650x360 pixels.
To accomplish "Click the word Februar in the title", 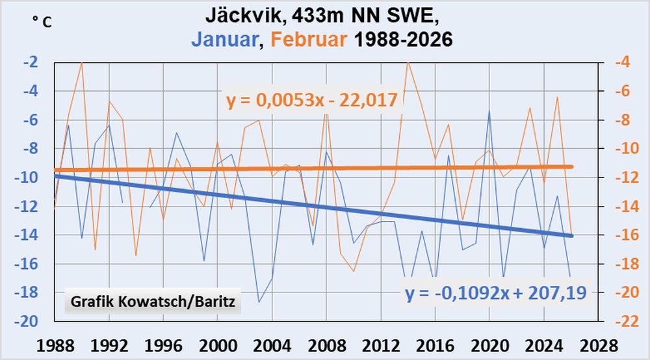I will [309, 40].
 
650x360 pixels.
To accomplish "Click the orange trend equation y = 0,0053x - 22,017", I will [312, 101].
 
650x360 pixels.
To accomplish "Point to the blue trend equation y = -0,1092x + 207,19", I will [495, 292].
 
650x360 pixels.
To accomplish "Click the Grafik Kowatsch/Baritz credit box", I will [153, 302].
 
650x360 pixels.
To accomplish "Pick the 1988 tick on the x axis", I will [55, 344].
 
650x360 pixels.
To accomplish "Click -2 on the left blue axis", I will [37, 62].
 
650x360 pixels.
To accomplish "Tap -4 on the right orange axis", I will [622, 62].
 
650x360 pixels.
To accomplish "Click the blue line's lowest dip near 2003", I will [259, 302].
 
